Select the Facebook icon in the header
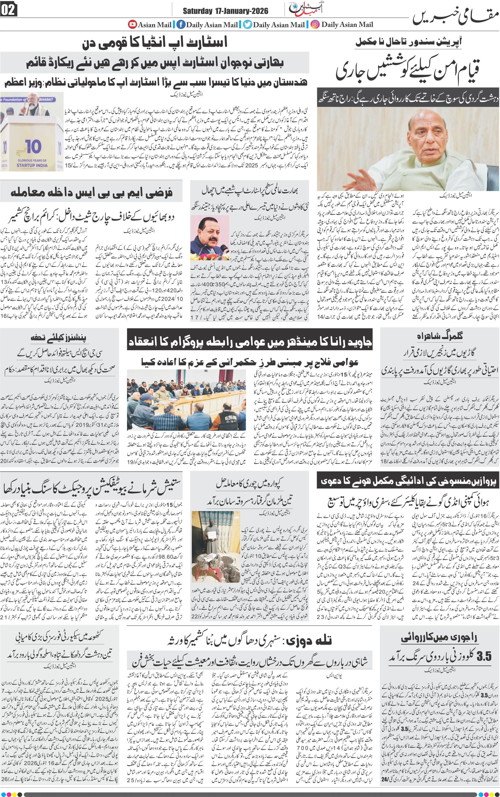(x=181, y=24)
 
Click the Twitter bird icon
(x=247, y=24)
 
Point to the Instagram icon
(x=315, y=24)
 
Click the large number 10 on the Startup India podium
(x=33, y=147)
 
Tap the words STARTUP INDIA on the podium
(x=32, y=165)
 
